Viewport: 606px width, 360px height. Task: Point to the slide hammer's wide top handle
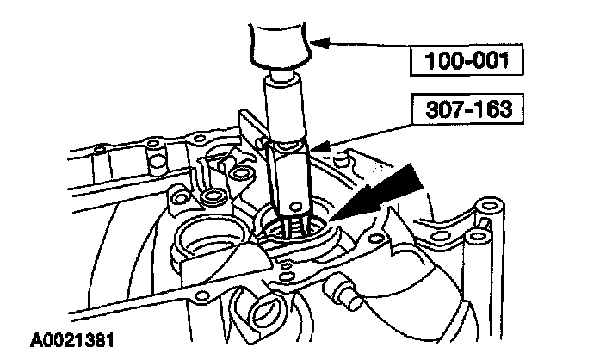pyautogui.click(x=276, y=43)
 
